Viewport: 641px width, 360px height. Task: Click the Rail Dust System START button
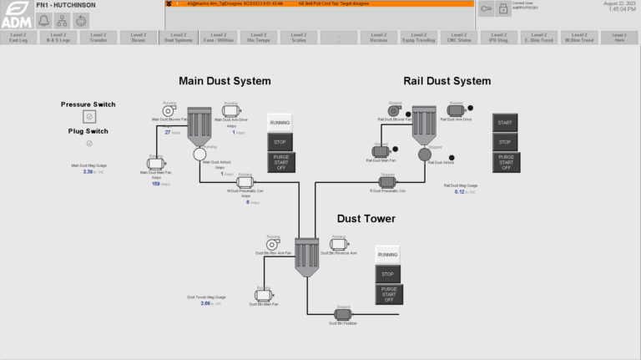(505, 123)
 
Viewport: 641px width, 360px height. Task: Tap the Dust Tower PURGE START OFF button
(387, 294)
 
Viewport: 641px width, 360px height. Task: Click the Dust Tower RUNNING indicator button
(387, 254)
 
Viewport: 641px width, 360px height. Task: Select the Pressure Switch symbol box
(88, 117)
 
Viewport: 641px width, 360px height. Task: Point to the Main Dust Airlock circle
(199, 154)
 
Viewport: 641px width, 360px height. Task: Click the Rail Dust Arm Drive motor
(455, 111)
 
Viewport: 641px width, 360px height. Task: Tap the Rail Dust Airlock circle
(426, 154)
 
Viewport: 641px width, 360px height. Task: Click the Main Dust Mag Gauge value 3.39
(88, 171)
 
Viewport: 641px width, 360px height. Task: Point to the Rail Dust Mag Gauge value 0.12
(459, 192)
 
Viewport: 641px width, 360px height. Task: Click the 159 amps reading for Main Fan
(155, 184)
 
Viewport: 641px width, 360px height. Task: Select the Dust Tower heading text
(366, 219)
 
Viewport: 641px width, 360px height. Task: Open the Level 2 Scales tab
(298, 37)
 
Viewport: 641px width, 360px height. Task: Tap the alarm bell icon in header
(43, 21)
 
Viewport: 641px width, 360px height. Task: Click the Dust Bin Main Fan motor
(265, 295)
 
